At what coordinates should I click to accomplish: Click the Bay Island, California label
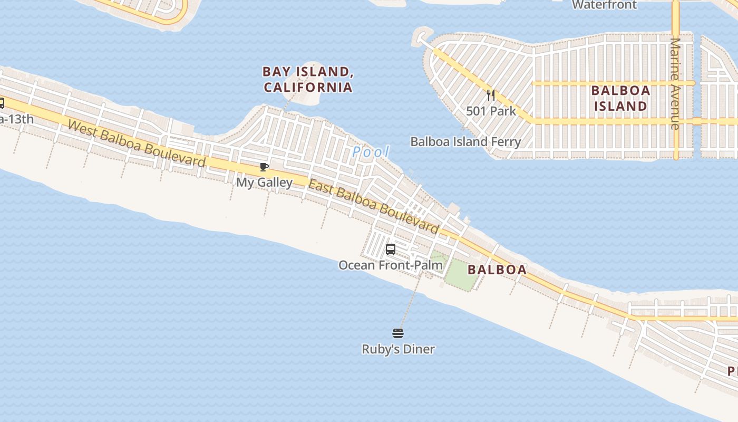click(308, 79)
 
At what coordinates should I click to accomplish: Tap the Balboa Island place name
click(620, 98)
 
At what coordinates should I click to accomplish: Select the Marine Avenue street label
click(675, 83)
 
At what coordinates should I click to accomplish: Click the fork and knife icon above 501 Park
click(491, 95)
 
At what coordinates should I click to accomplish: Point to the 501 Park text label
click(491, 111)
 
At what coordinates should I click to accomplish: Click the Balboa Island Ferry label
click(465, 141)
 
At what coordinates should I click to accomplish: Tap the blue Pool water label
click(371, 152)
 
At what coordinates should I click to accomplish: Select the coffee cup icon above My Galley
click(264, 167)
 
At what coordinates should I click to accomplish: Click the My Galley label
click(264, 183)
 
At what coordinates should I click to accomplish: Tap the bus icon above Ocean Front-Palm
click(391, 250)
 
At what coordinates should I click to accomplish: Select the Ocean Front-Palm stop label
click(391, 265)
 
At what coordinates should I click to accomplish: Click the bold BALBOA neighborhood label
click(497, 270)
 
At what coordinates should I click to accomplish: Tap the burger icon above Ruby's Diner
click(398, 333)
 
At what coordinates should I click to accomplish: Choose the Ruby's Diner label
click(398, 349)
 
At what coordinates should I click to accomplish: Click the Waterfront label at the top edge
click(604, 5)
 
